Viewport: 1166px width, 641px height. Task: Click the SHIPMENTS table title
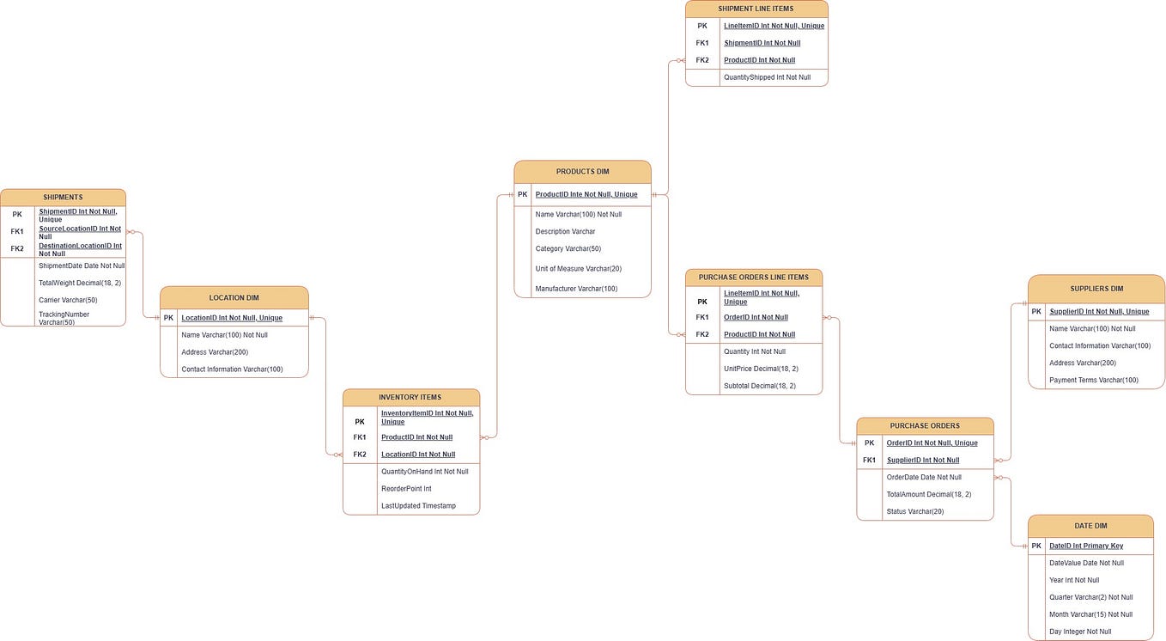tap(63, 198)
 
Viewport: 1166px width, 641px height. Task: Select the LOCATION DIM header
tap(234, 298)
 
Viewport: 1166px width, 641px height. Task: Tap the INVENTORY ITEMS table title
tap(410, 397)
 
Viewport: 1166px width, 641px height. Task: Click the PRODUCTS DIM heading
tap(582, 172)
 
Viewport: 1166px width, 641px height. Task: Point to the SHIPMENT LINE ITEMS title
tap(756, 9)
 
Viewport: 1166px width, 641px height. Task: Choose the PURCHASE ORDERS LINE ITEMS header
tap(753, 278)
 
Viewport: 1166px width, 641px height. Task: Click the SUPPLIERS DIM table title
tap(1096, 289)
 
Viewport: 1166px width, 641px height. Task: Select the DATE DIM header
tap(1090, 526)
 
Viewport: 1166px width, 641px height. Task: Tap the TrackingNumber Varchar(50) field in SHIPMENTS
tap(64, 318)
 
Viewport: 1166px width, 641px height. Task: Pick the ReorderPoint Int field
tap(406, 489)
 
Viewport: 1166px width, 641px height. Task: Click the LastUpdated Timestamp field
tap(418, 506)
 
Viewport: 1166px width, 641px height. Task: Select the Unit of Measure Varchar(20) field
tap(578, 269)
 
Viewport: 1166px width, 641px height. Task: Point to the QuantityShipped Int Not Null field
tap(767, 77)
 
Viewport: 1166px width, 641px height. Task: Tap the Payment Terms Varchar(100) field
tap(1094, 380)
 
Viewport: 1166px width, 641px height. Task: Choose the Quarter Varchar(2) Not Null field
tap(1090, 597)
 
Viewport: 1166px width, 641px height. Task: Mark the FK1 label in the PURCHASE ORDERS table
tap(869, 460)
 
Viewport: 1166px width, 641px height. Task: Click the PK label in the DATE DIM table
tap(1036, 546)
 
